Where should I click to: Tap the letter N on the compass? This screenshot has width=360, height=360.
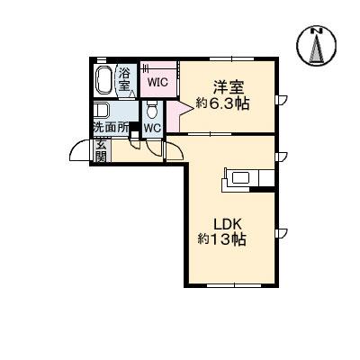(x=317, y=32)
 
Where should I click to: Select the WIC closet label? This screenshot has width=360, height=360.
(x=158, y=82)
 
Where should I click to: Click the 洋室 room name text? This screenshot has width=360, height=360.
(x=227, y=86)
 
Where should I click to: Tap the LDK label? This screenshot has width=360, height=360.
(x=229, y=224)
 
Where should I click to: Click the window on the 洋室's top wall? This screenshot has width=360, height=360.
(x=225, y=58)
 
